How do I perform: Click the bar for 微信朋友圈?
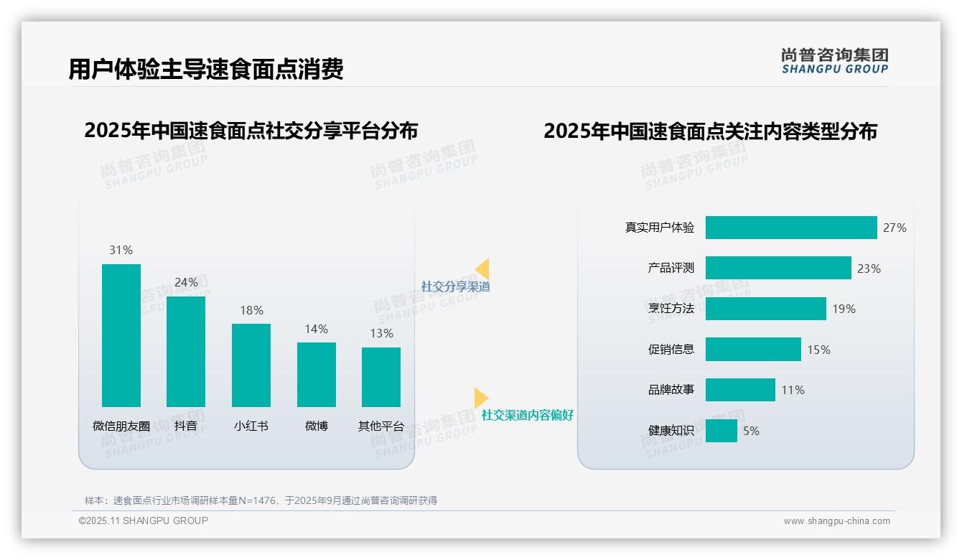121,335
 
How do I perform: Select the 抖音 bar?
186,352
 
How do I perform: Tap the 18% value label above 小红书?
251,310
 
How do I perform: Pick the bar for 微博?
317,375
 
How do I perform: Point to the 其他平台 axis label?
381,426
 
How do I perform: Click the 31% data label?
121,250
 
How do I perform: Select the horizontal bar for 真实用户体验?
791,228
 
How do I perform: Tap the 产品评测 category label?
671,268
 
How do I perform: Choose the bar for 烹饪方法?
765,309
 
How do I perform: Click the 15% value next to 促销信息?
819,350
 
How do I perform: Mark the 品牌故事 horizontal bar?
740,390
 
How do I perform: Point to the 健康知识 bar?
721,431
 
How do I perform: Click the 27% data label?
895,228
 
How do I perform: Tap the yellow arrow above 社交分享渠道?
482,269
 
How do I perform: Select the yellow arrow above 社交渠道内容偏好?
480,398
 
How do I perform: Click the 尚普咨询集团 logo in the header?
835,60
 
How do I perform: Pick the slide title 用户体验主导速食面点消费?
206,69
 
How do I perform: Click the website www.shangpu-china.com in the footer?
836,521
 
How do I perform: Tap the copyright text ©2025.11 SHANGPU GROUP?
144,521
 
